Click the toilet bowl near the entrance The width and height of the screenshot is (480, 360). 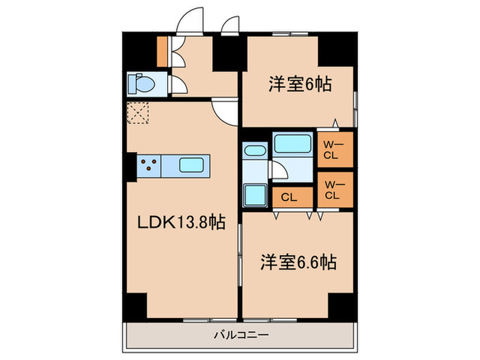point(145,84)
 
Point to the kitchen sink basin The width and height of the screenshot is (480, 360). point(191,165)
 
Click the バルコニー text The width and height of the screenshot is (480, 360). point(240,335)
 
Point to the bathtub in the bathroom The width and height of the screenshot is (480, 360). point(293,145)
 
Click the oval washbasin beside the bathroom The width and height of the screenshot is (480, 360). point(255,152)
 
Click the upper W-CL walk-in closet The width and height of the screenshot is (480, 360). point(334,149)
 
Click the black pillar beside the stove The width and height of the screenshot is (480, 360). point(131,165)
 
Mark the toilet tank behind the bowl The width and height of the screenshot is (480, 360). point(132,84)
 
